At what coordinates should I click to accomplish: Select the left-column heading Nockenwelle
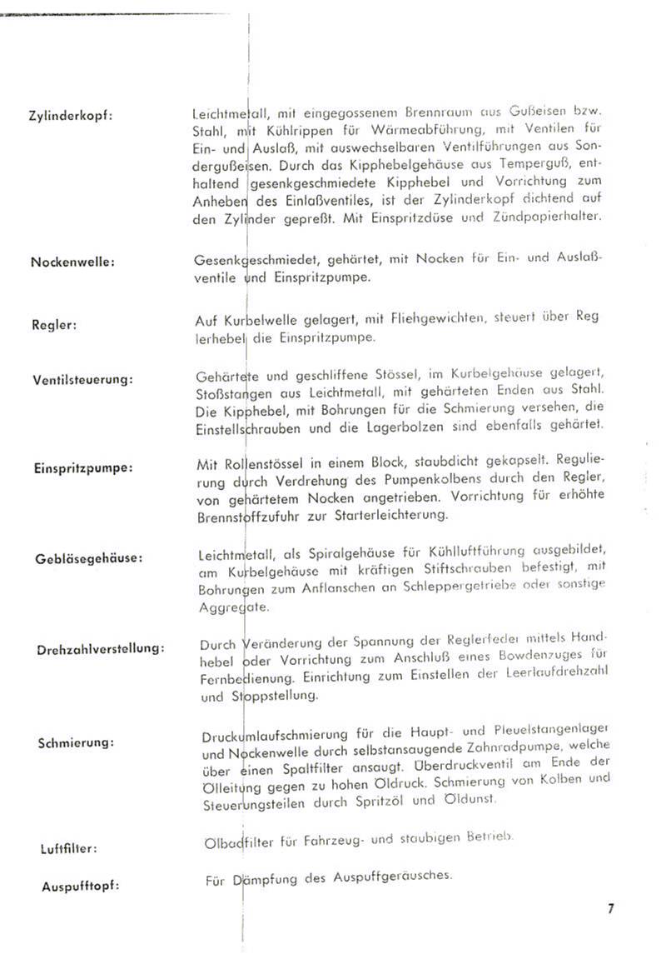point(72,262)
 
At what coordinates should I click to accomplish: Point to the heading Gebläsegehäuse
point(88,557)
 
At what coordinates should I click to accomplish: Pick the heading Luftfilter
point(69,849)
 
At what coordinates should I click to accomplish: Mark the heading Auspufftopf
point(80,886)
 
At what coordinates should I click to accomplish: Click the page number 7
point(610,908)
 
